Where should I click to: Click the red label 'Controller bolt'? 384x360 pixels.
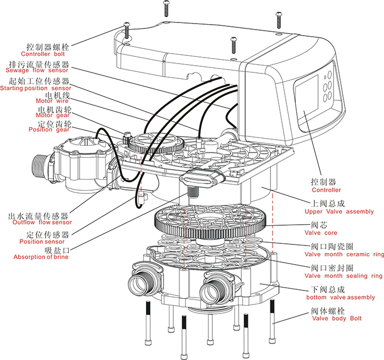[43, 54]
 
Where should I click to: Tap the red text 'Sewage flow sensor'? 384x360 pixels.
[37, 70]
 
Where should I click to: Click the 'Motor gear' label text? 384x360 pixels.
[53, 115]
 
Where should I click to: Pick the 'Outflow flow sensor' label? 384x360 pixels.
[40, 222]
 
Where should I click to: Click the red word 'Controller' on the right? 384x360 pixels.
[326, 190]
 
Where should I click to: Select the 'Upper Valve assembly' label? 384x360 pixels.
[339, 212]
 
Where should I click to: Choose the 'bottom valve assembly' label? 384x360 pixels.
[340, 298]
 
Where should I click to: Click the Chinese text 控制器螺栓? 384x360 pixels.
[47, 47]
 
